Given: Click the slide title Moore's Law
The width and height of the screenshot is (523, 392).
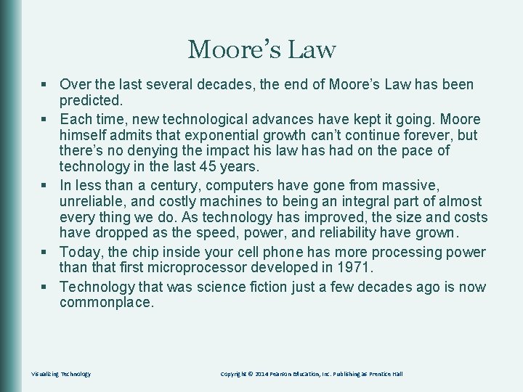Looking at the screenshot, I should [261, 50].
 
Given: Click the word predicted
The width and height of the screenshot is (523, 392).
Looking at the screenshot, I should [93, 101].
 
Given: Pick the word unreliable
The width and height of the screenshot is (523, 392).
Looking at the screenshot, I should [92, 202].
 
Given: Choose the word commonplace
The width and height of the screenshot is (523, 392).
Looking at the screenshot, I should [107, 303].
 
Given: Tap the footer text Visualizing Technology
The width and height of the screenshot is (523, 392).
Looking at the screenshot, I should [61, 374].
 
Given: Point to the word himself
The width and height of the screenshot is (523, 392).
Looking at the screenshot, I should [84, 134].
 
